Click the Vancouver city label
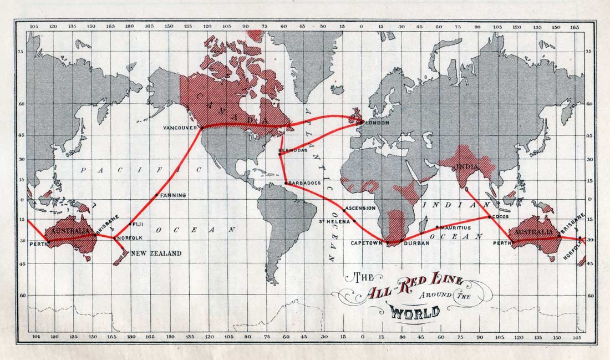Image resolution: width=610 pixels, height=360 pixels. point(181,128)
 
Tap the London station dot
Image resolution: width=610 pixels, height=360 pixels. point(362,122)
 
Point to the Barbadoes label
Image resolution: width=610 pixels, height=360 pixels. point(304,182)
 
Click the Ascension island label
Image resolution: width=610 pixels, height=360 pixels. point(360,209)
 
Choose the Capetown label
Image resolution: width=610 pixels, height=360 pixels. point(367,243)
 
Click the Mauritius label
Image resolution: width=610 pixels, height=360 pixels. point(455,227)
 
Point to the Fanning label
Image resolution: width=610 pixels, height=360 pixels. point(173,195)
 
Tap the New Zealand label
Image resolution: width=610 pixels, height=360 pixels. point(156,253)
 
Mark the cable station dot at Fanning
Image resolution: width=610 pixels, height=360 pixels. point(158,195)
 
